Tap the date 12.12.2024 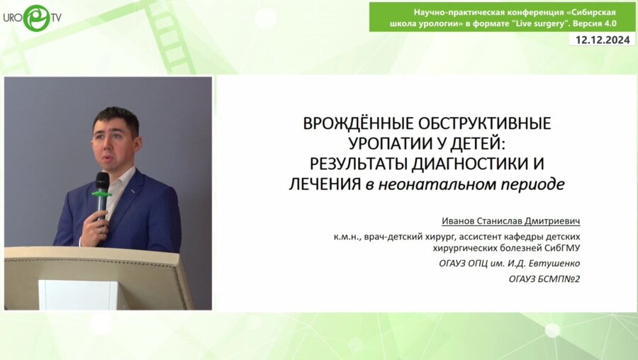tap(603, 40)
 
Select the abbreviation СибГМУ tap(569, 248)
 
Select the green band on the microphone tap(102, 193)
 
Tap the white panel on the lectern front tap(83, 293)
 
